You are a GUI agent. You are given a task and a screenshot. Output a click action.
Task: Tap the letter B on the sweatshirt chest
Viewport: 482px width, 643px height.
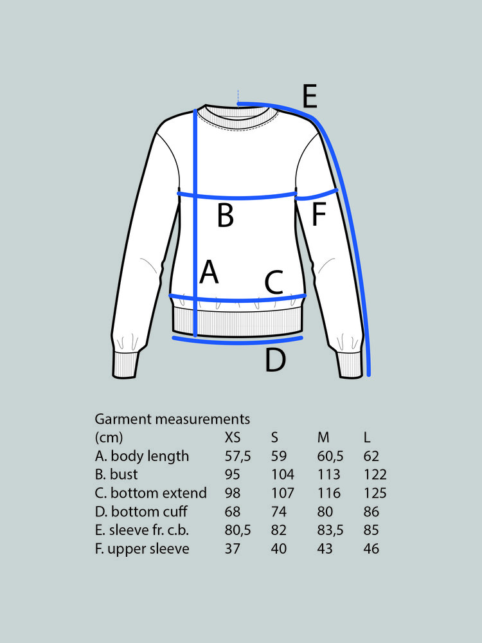(226, 215)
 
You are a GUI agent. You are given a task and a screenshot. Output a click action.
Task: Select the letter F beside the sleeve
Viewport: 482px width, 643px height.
(319, 214)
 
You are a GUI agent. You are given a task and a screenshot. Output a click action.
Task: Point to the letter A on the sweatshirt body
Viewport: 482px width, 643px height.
(209, 271)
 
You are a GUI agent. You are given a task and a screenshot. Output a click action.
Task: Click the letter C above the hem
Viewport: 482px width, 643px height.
(274, 282)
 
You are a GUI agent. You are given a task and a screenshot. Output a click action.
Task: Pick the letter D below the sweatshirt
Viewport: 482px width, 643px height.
(275, 359)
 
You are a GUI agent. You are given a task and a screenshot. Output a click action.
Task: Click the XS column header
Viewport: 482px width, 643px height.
(233, 437)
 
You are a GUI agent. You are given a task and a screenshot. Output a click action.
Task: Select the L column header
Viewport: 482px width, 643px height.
(367, 437)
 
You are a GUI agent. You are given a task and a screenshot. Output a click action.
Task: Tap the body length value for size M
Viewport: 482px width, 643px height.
(330, 456)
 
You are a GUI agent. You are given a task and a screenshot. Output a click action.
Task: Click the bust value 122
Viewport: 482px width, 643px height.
(375, 475)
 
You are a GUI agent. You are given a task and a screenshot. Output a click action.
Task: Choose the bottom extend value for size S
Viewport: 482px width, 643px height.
(282, 493)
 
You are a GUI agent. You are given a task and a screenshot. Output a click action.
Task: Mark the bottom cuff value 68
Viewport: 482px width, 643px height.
(233, 512)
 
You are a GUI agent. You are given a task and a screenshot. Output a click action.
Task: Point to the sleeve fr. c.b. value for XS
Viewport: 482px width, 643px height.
(238, 530)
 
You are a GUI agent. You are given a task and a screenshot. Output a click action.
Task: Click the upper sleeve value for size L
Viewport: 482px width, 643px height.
(371, 548)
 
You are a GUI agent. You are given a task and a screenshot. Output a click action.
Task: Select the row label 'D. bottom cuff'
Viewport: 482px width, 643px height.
(141, 512)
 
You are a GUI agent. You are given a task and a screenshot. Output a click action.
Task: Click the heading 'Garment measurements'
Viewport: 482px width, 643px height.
(172, 419)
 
